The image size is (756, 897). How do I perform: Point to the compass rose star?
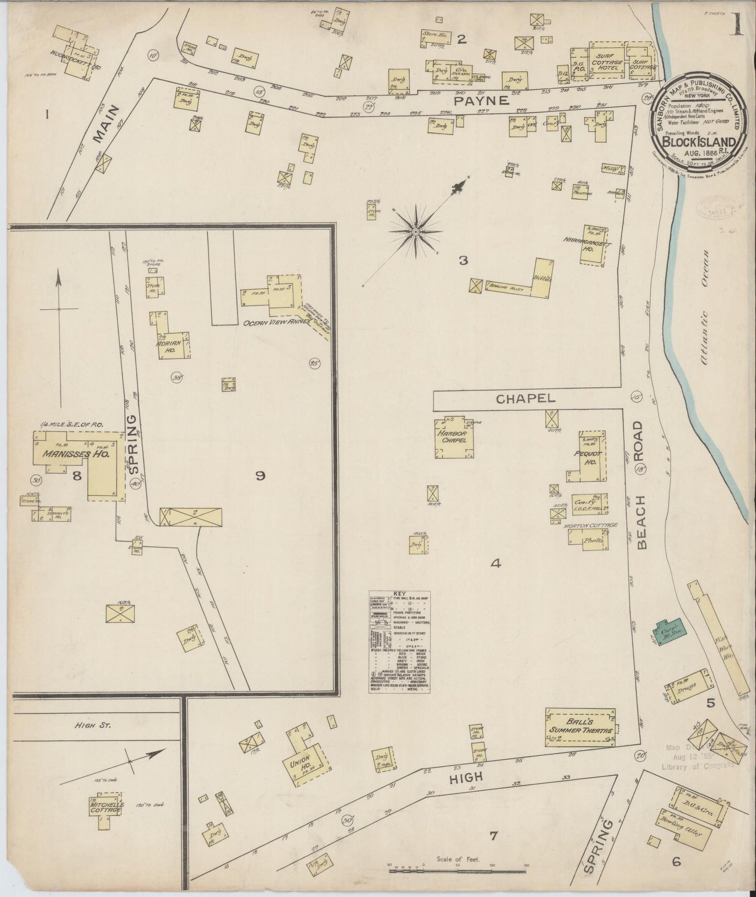pos(415,231)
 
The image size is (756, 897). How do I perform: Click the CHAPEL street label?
pos(525,399)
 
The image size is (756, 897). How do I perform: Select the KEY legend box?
pos(400,642)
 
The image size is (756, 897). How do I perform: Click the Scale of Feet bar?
pos(458,871)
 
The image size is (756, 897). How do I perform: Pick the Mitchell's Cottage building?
pos(106,806)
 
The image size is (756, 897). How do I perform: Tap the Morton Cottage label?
pos(591,525)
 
